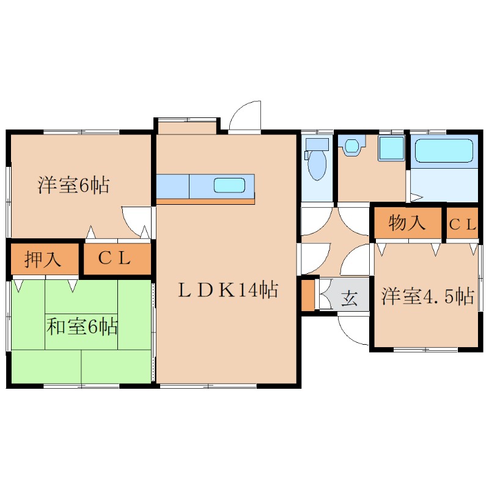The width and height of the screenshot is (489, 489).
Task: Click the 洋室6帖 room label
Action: pos(73,185)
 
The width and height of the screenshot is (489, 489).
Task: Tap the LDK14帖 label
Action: pos(228,290)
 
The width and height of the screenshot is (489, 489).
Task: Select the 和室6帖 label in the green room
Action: pos(82,326)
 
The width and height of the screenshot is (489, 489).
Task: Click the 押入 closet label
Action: pos(42,259)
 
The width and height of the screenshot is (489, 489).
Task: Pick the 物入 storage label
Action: pos(407,223)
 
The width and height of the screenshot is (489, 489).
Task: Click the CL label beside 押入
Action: pos(114,258)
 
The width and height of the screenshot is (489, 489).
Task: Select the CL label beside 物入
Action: pos(463,224)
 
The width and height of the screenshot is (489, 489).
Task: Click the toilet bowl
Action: pos(317,165)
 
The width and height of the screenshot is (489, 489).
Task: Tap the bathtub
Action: pos(444,150)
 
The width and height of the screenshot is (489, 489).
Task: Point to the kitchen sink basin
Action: pos(229,185)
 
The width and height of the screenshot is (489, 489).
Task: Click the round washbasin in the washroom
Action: pos(352,145)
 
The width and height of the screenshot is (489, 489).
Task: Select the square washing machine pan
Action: pos(392,148)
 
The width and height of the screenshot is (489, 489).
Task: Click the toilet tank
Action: pos(317,144)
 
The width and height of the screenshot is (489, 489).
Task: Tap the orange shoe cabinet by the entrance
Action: pos(308,295)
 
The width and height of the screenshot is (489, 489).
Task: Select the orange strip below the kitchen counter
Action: pos(205,202)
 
